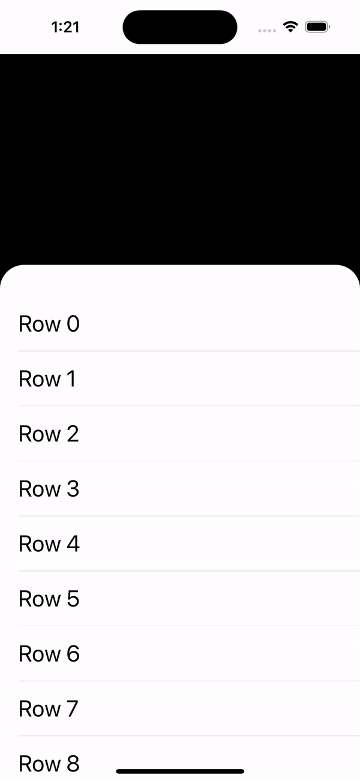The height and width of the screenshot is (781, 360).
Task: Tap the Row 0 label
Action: [x=49, y=324]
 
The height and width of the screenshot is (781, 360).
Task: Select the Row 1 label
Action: [x=47, y=379]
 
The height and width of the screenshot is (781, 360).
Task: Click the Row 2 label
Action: [x=49, y=434]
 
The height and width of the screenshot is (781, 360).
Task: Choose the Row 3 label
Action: [x=49, y=489]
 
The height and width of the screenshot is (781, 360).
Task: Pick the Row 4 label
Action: [x=49, y=544]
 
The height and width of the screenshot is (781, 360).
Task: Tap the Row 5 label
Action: [x=49, y=599]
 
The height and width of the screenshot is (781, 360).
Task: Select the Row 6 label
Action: [x=49, y=654]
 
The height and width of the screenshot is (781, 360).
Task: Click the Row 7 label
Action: [x=48, y=709]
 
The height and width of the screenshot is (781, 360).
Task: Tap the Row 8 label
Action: [x=49, y=764]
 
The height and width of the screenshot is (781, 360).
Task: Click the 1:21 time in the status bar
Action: [x=65, y=27]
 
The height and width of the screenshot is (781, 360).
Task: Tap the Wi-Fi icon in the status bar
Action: [x=291, y=27]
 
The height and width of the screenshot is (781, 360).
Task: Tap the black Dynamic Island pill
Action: [x=180, y=27]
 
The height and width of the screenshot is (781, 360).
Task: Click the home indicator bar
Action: [x=180, y=771]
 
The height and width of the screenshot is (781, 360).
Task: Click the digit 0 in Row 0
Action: [x=73, y=324]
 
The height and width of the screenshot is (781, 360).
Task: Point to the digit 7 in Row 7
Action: [x=72, y=709]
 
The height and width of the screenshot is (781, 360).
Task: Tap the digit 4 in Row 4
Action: [x=73, y=544]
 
